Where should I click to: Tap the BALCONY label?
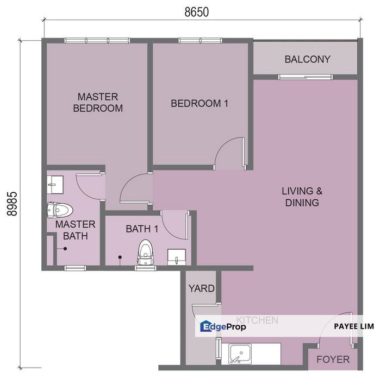(307, 59)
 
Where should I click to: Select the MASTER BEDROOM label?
(98, 103)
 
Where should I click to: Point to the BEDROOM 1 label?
(200, 103)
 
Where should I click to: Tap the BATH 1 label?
(142, 229)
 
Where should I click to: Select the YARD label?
(201, 288)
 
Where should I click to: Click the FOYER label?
(333, 360)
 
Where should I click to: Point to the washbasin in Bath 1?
(177, 256)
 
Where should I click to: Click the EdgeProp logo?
(223, 326)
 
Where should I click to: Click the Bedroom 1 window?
(199, 40)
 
